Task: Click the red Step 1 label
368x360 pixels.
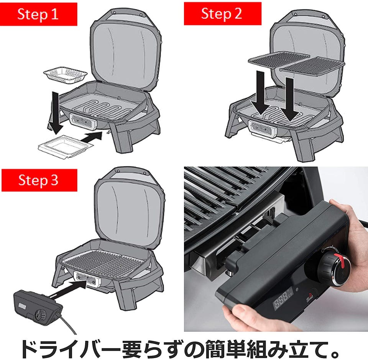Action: [39, 14]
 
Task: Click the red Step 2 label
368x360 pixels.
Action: [222, 13]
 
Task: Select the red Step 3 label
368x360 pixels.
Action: [39, 180]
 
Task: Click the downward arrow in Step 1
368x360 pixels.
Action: [56, 113]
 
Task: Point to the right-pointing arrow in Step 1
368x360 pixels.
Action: [92, 137]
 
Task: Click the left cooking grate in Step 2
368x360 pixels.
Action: [279, 59]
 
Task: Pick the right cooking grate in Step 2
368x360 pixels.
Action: [312, 66]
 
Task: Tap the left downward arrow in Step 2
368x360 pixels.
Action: [261, 93]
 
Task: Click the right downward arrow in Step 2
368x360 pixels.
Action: [290, 99]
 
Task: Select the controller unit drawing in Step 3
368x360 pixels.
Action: [38, 307]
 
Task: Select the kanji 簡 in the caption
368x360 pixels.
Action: [216, 349]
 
